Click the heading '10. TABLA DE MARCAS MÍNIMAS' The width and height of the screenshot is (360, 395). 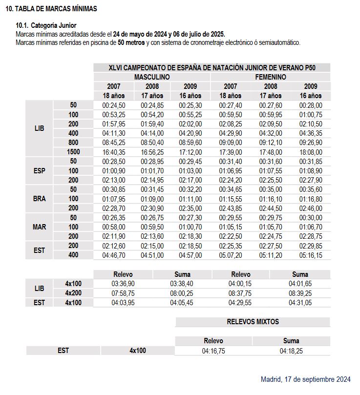51,9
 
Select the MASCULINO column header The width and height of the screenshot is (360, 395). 152,77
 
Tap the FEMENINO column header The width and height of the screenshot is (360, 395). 270,77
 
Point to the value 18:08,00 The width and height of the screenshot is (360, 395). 311,152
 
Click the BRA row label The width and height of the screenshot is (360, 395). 40,199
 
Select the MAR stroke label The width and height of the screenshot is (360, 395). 40,227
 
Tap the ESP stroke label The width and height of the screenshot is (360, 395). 40,171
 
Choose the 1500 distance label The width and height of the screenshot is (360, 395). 73,152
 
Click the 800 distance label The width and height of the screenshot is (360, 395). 73,143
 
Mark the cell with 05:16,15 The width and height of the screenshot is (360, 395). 311,255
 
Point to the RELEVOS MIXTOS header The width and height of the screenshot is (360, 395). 253,322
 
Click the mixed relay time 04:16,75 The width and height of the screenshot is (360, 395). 213,351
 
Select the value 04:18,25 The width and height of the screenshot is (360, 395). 291,351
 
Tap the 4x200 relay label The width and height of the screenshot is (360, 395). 73,293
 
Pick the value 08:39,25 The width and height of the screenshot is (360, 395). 299,293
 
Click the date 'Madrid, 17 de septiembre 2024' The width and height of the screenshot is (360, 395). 306,379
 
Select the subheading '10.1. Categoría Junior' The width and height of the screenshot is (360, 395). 46,25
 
